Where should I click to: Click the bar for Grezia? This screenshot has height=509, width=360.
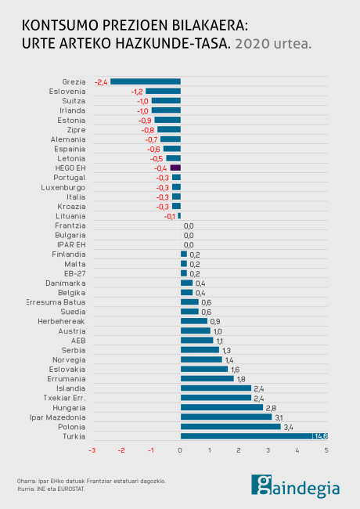click(146, 81)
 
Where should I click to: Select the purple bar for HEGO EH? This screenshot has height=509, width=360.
click(175, 168)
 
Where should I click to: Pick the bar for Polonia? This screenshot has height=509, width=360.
click(230, 427)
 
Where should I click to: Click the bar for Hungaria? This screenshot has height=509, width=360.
click(221, 407)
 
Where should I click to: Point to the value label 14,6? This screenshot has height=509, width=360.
click(320, 436)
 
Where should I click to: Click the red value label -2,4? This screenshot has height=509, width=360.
click(101, 81)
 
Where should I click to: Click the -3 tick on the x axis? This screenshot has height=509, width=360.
click(92, 450)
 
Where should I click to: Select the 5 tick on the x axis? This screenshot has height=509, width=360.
click(326, 450)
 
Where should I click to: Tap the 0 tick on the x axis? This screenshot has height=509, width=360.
click(180, 450)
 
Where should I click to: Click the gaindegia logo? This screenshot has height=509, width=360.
click(295, 485)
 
